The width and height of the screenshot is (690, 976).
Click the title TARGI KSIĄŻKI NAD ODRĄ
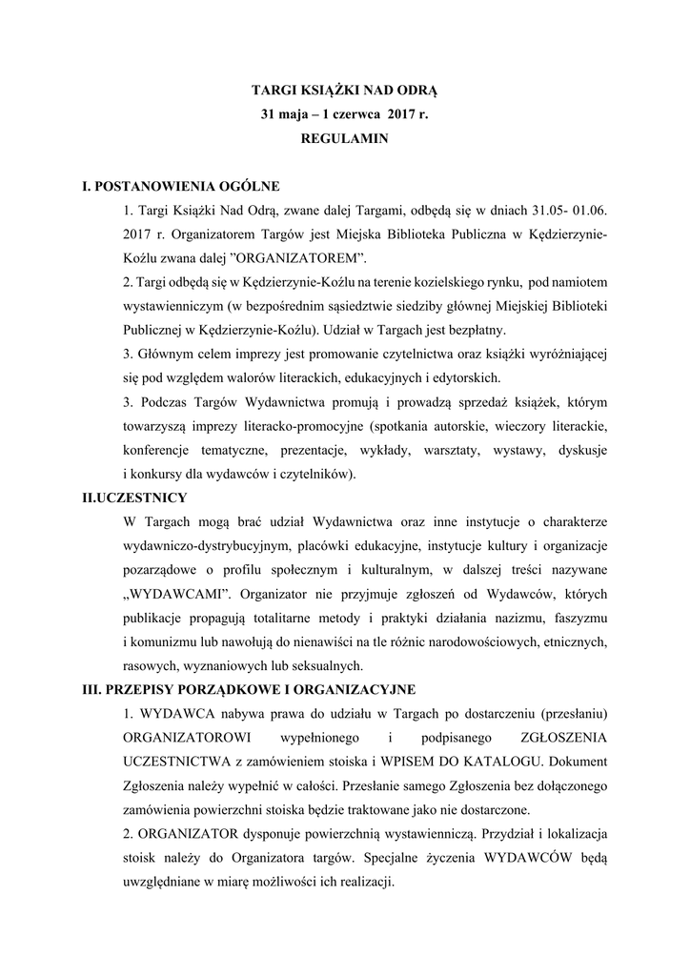tap(344, 91)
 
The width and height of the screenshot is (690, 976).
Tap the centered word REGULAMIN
tap(344, 137)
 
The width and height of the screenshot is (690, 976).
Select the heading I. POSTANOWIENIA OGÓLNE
tap(181, 186)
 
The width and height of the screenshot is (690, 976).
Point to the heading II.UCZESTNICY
tap(135, 498)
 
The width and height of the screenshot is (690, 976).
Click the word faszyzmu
tap(581, 618)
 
